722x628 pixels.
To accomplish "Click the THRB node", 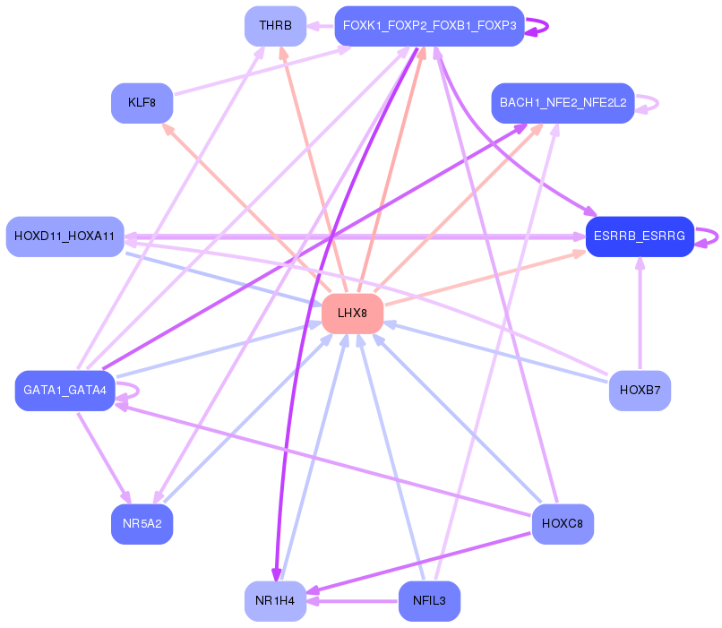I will [x=275, y=26].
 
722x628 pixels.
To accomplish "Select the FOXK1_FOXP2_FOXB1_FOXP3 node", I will [x=429, y=26].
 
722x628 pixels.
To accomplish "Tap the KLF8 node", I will [x=142, y=103].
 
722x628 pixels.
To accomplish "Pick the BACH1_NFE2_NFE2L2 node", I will [x=563, y=103].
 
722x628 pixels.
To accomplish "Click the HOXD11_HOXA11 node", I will [x=64, y=237].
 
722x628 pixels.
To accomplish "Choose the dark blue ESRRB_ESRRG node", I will [x=640, y=237].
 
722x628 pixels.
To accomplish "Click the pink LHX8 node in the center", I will [x=352, y=314].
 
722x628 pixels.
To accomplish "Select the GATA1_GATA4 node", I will [x=64, y=391].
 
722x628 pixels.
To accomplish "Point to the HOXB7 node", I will [x=640, y=391].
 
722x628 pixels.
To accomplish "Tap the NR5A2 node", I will [x=142, y=524].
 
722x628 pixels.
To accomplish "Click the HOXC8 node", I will [x=563, y=524].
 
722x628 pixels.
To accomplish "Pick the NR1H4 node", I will [x=275, y=600].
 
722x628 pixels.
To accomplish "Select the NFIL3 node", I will [x=429, y=600].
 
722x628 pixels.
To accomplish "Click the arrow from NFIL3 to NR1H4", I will [x=353, y=600].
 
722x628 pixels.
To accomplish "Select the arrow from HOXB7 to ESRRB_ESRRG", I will [x=640, y=314].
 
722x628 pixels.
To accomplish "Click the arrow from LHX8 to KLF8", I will [x=242, y=205].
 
